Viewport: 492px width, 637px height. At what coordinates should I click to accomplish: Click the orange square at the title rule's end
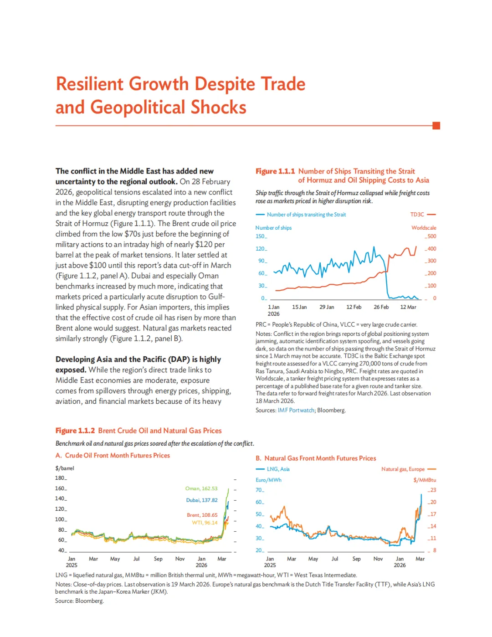[436, 126]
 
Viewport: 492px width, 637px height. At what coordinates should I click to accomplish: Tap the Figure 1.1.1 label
[275, 171]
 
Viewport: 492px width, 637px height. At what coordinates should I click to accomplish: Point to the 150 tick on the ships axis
[260, 236]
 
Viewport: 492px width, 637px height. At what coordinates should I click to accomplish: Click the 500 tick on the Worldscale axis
[431, 236]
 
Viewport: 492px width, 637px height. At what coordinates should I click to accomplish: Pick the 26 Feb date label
[381, 307]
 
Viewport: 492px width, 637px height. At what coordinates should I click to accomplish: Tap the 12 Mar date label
[408, 307]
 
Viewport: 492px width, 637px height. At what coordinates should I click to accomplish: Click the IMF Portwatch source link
[296, 411]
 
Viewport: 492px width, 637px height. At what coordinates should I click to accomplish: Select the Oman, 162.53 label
[201, 488]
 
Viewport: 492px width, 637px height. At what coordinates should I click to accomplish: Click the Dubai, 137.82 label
[202, 500]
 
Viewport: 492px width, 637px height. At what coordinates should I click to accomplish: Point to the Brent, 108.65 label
[202, 515]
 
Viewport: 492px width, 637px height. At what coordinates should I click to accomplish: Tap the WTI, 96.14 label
[205, 523]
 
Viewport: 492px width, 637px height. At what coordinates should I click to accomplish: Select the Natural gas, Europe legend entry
[403, 469]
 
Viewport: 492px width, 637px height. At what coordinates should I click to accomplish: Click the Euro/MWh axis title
[268, 480]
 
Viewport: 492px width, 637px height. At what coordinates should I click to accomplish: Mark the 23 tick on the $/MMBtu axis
[433, 490]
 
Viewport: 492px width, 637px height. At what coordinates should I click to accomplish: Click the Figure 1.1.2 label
[75, 431]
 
